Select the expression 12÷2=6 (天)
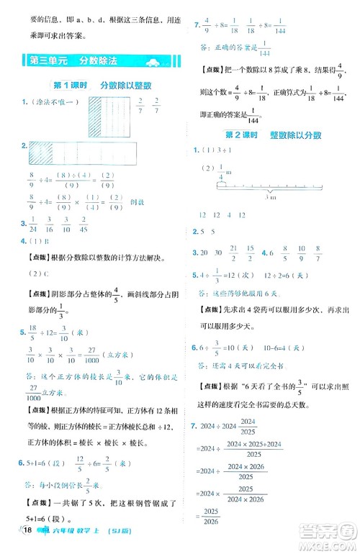(x=288, y=274)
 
